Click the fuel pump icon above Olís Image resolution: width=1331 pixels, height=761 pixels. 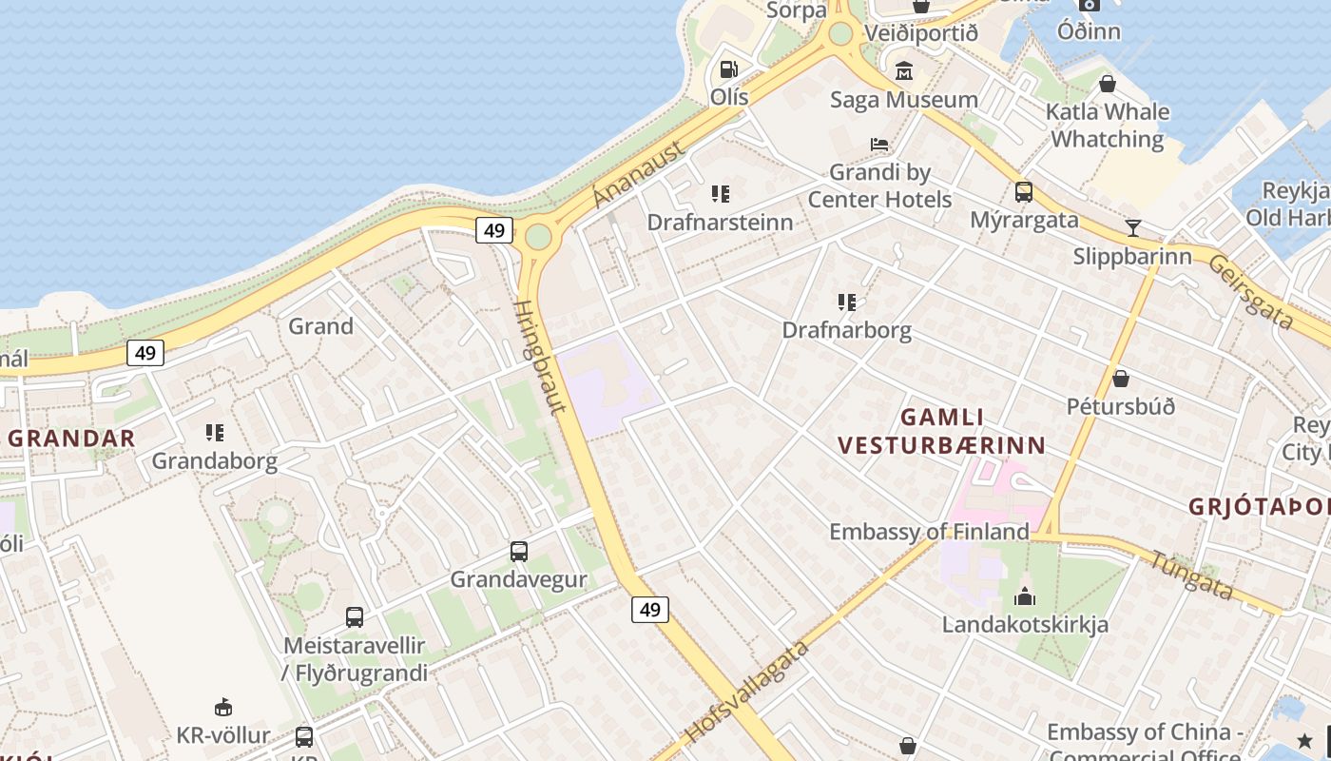click(x=728, y=69)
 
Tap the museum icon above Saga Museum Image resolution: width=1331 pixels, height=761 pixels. click(x=903, y=71)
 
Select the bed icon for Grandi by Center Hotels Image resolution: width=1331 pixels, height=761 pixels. click(x=879, y=145)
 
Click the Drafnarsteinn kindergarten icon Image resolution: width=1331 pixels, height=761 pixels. click(x=720, y=194)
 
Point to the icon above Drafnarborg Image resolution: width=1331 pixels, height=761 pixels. click(x=846, y=302)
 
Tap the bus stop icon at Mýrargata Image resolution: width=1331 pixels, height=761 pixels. click(x=1023, y=192)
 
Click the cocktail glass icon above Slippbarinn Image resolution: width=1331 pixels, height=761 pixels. click(x=1132, y=228)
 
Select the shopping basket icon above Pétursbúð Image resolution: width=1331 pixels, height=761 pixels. click(x=1120, y=379)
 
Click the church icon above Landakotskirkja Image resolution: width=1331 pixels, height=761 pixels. click(x=1024, y=597)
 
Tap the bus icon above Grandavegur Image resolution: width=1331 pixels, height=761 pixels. click(x=518, y=552)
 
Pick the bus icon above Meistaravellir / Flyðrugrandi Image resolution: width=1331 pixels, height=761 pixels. click(x=354, y=617)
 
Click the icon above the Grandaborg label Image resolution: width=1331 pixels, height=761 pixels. click(x=214, y=433)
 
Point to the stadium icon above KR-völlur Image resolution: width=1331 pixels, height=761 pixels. click(x=222, y=707)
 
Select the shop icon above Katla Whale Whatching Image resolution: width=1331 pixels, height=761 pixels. click(x=1107, y=84)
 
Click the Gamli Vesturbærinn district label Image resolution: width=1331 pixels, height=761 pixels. click(x=941, y=431)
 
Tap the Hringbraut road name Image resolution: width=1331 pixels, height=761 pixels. click(x=540, y=357)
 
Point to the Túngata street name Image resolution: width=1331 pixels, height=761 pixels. click(x=1192, y=576)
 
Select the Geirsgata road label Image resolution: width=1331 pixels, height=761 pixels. click(x=1250, y=292)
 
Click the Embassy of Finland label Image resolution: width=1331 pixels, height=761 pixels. click(x=929, y=532)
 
